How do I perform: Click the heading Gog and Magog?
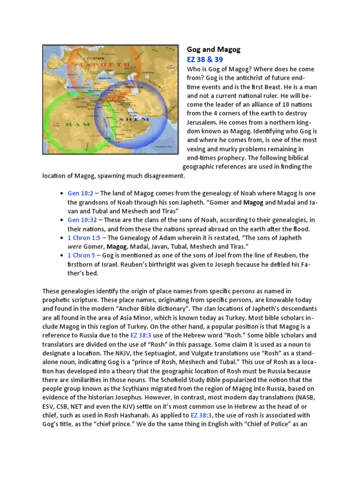[x=207, y=49]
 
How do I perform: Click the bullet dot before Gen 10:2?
[x=62, y=194]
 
